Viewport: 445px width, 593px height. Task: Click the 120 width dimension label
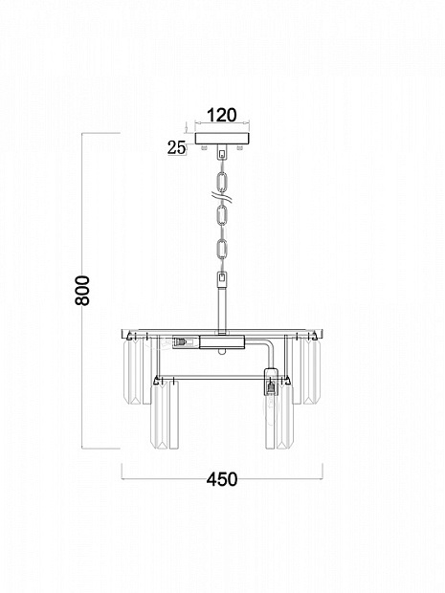click(x=222, y=115)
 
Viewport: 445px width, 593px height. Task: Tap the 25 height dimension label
click(x=177, y=148)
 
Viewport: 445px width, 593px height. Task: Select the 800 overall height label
click(x=82, y=291)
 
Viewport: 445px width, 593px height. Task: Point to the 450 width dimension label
click(x=222, y=479)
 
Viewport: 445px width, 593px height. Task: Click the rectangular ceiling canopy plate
click(x=222, y=138)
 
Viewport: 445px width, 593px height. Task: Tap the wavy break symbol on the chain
click(x=222, y=197)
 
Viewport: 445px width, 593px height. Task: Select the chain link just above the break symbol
click(x=222, y=182)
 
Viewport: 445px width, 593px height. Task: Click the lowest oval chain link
click(x=222, y=249)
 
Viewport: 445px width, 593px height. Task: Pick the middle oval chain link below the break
click(x=222, y=215)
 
